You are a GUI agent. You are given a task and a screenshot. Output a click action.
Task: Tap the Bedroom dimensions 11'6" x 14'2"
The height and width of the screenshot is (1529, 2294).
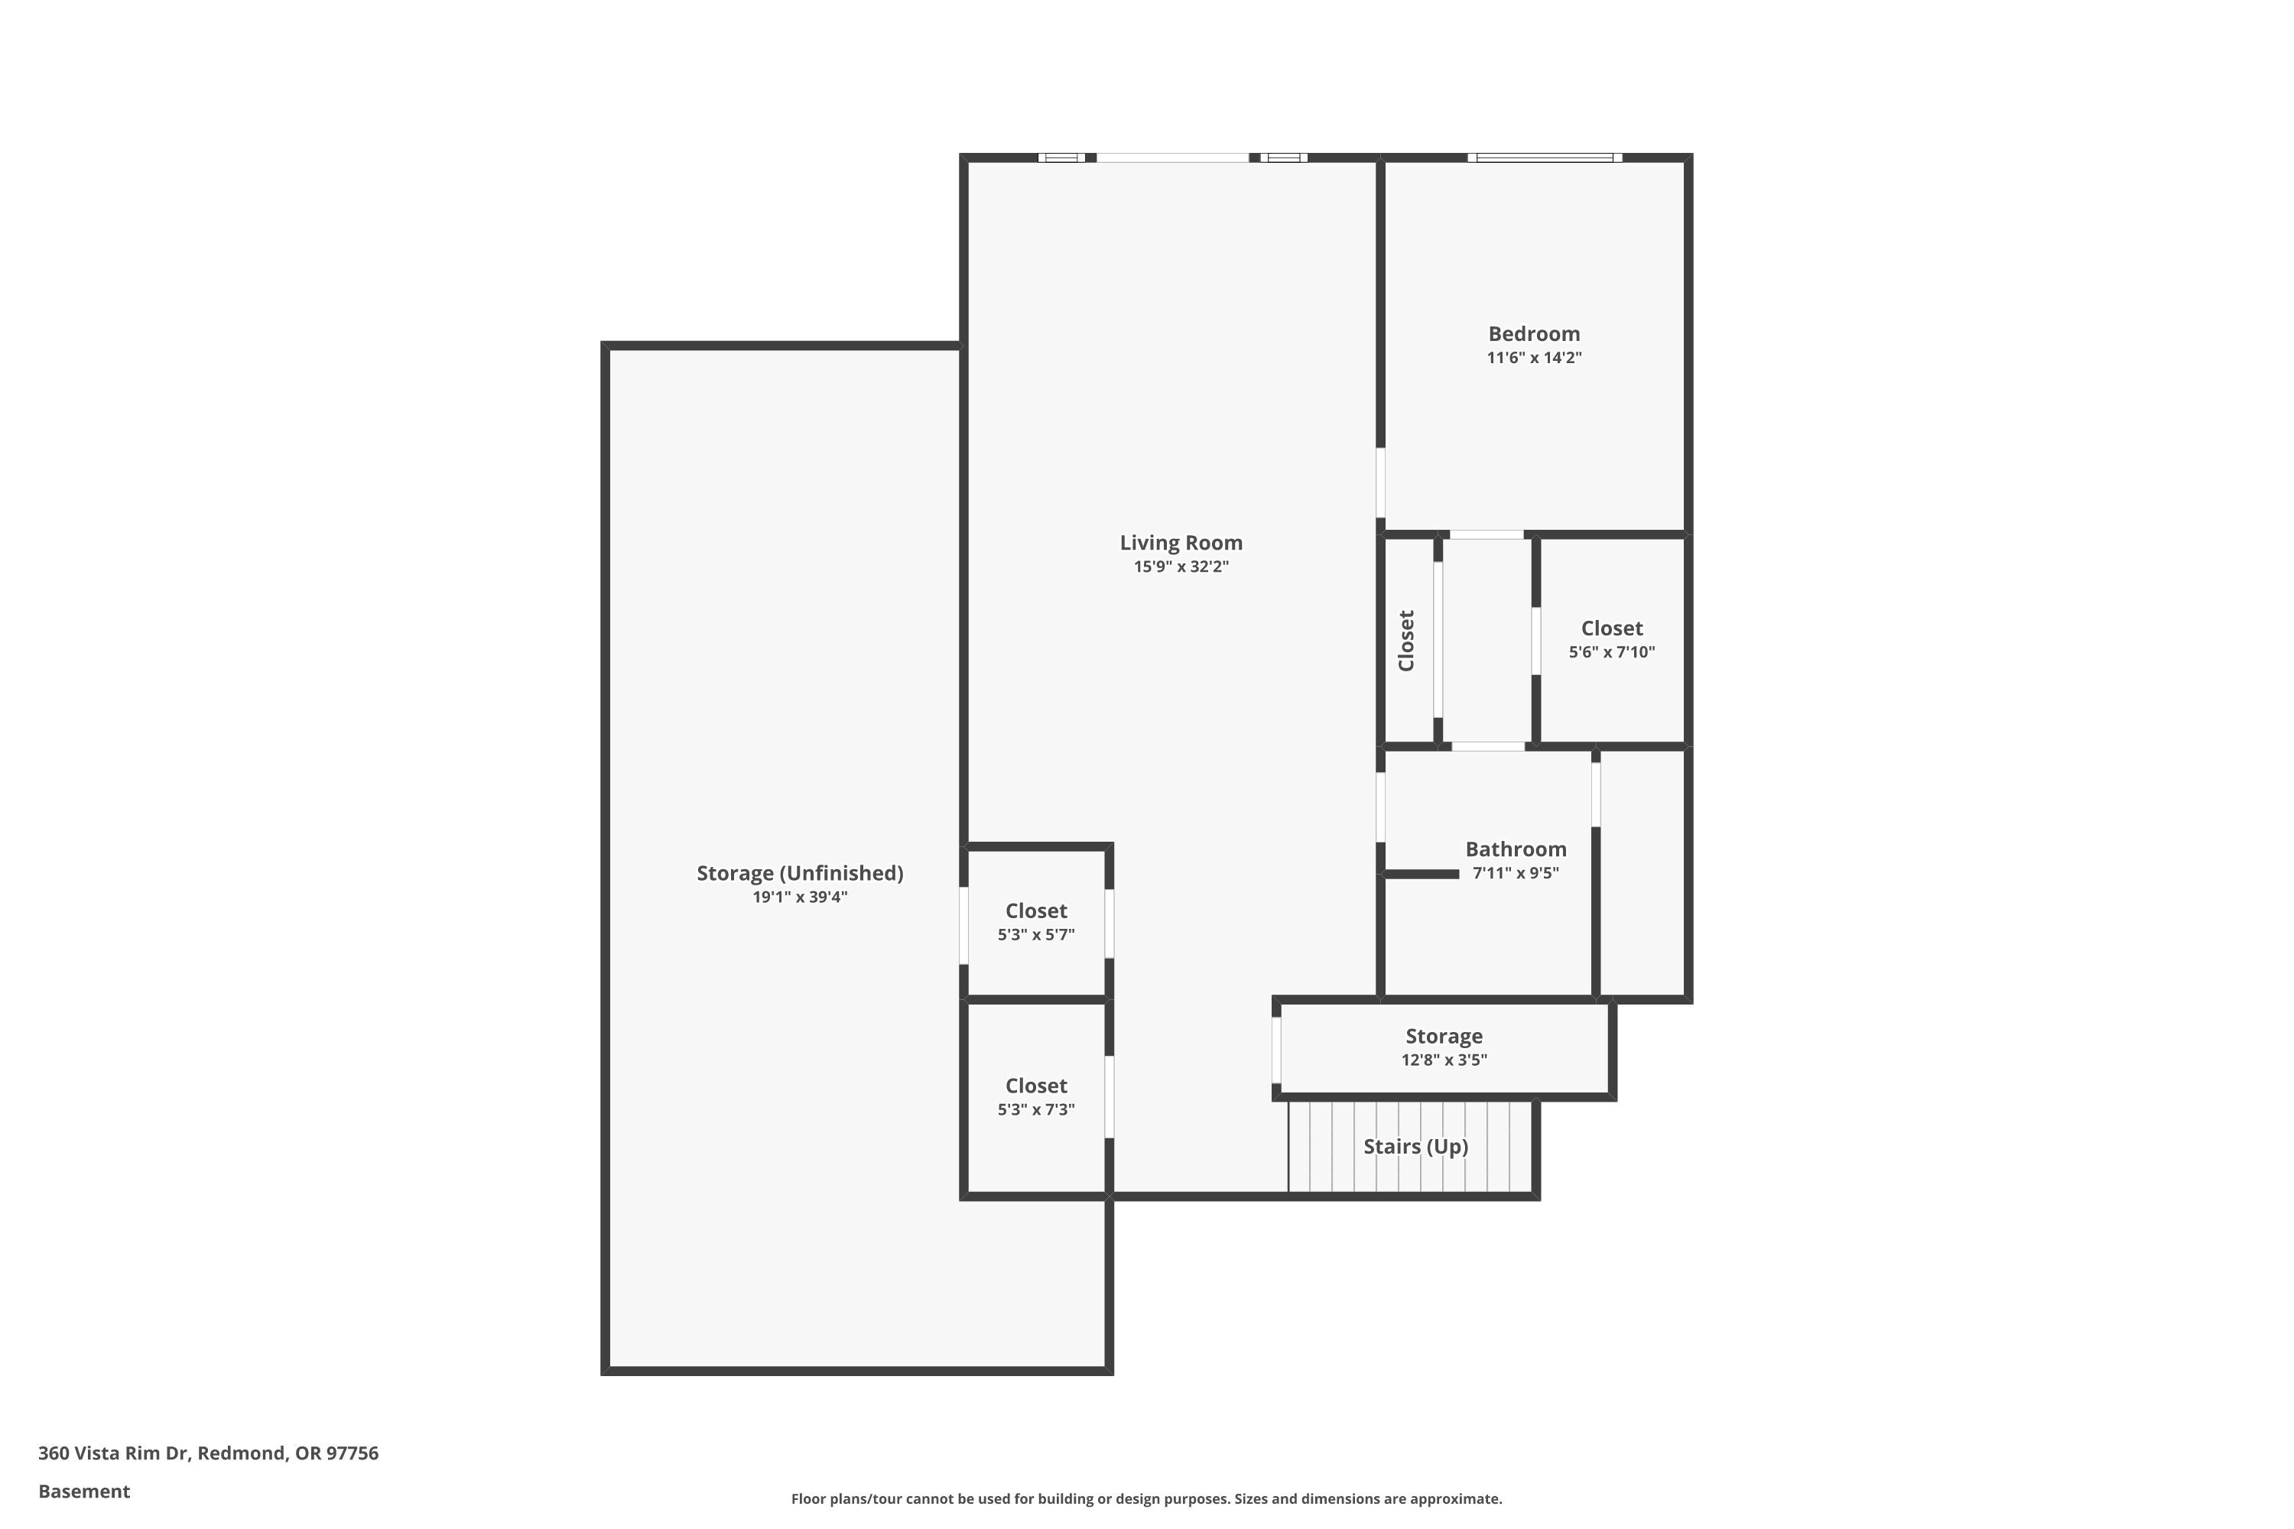pyautogui.click(x=1533, y=358)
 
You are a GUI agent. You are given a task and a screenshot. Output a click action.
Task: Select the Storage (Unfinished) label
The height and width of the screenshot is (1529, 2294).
pyautogui.click(x=800, y=874)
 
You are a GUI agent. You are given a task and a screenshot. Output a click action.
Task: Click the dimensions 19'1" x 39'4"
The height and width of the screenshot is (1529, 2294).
pyautogui.click(x=800, y=897)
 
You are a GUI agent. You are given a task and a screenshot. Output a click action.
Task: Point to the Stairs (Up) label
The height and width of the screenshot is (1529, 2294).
pyautogui.click(x=1415, y=1147)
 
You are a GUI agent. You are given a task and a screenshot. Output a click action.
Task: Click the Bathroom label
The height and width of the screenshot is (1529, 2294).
pyautogui.click(x=1516, y=849)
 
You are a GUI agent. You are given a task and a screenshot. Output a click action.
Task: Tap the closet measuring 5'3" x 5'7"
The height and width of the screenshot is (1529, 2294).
pyautogui.click(x=1036, y=921)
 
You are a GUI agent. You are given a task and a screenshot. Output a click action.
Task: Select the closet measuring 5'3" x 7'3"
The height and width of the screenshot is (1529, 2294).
pyautogui.click(x=1036, y=1096)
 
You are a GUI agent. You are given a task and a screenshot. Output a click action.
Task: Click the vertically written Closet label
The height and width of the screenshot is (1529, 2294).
pyautogui.click(x=1406, y=641)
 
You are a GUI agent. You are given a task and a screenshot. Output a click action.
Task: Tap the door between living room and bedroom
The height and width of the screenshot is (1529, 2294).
pyautogui.click(x=1380, y=482)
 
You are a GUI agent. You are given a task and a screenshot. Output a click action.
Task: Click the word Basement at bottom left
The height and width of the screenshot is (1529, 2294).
pyautogui.click(x=84, y=1491)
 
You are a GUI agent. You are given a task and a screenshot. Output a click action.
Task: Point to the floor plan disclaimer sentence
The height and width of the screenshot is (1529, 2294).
pyautogui.click(x=1146, y=1498)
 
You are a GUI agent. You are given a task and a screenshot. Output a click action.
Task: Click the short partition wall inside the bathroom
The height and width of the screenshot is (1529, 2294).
pyautogui.click(x=1421, y=875)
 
